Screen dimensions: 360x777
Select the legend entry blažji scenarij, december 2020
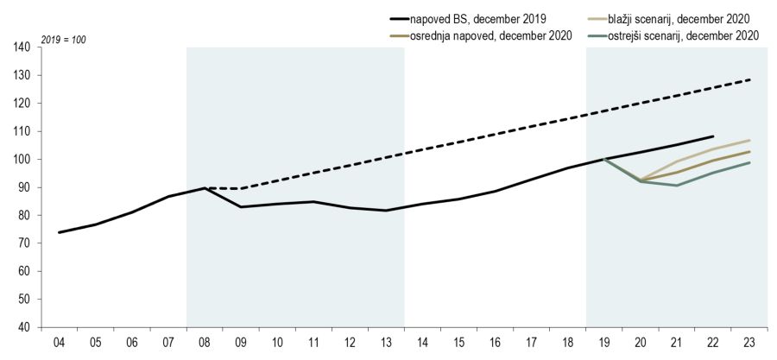coord(676,17)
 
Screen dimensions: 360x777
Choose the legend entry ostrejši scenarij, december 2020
coord(679,35)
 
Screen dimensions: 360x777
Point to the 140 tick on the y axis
coord(23,47)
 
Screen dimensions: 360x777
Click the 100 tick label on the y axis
coord(23,160)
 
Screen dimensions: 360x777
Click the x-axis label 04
coord(59,343)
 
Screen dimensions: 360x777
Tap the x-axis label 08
coord(205,343)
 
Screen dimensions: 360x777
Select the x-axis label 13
coord(386,343)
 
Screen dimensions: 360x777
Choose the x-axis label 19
coord(604,343)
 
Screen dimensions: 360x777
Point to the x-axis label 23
coord(749,343)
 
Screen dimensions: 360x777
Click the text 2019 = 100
coord(63,40)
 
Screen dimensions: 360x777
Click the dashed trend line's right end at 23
coord(749,79)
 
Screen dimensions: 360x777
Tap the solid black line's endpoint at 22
coord(713,136)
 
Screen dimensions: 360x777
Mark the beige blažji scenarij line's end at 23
coord(749,140)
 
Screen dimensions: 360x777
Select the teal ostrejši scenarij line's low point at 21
coord(677,186)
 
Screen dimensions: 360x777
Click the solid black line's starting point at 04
coord(59,232)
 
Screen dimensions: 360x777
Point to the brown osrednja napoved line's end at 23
coord(749,152)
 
